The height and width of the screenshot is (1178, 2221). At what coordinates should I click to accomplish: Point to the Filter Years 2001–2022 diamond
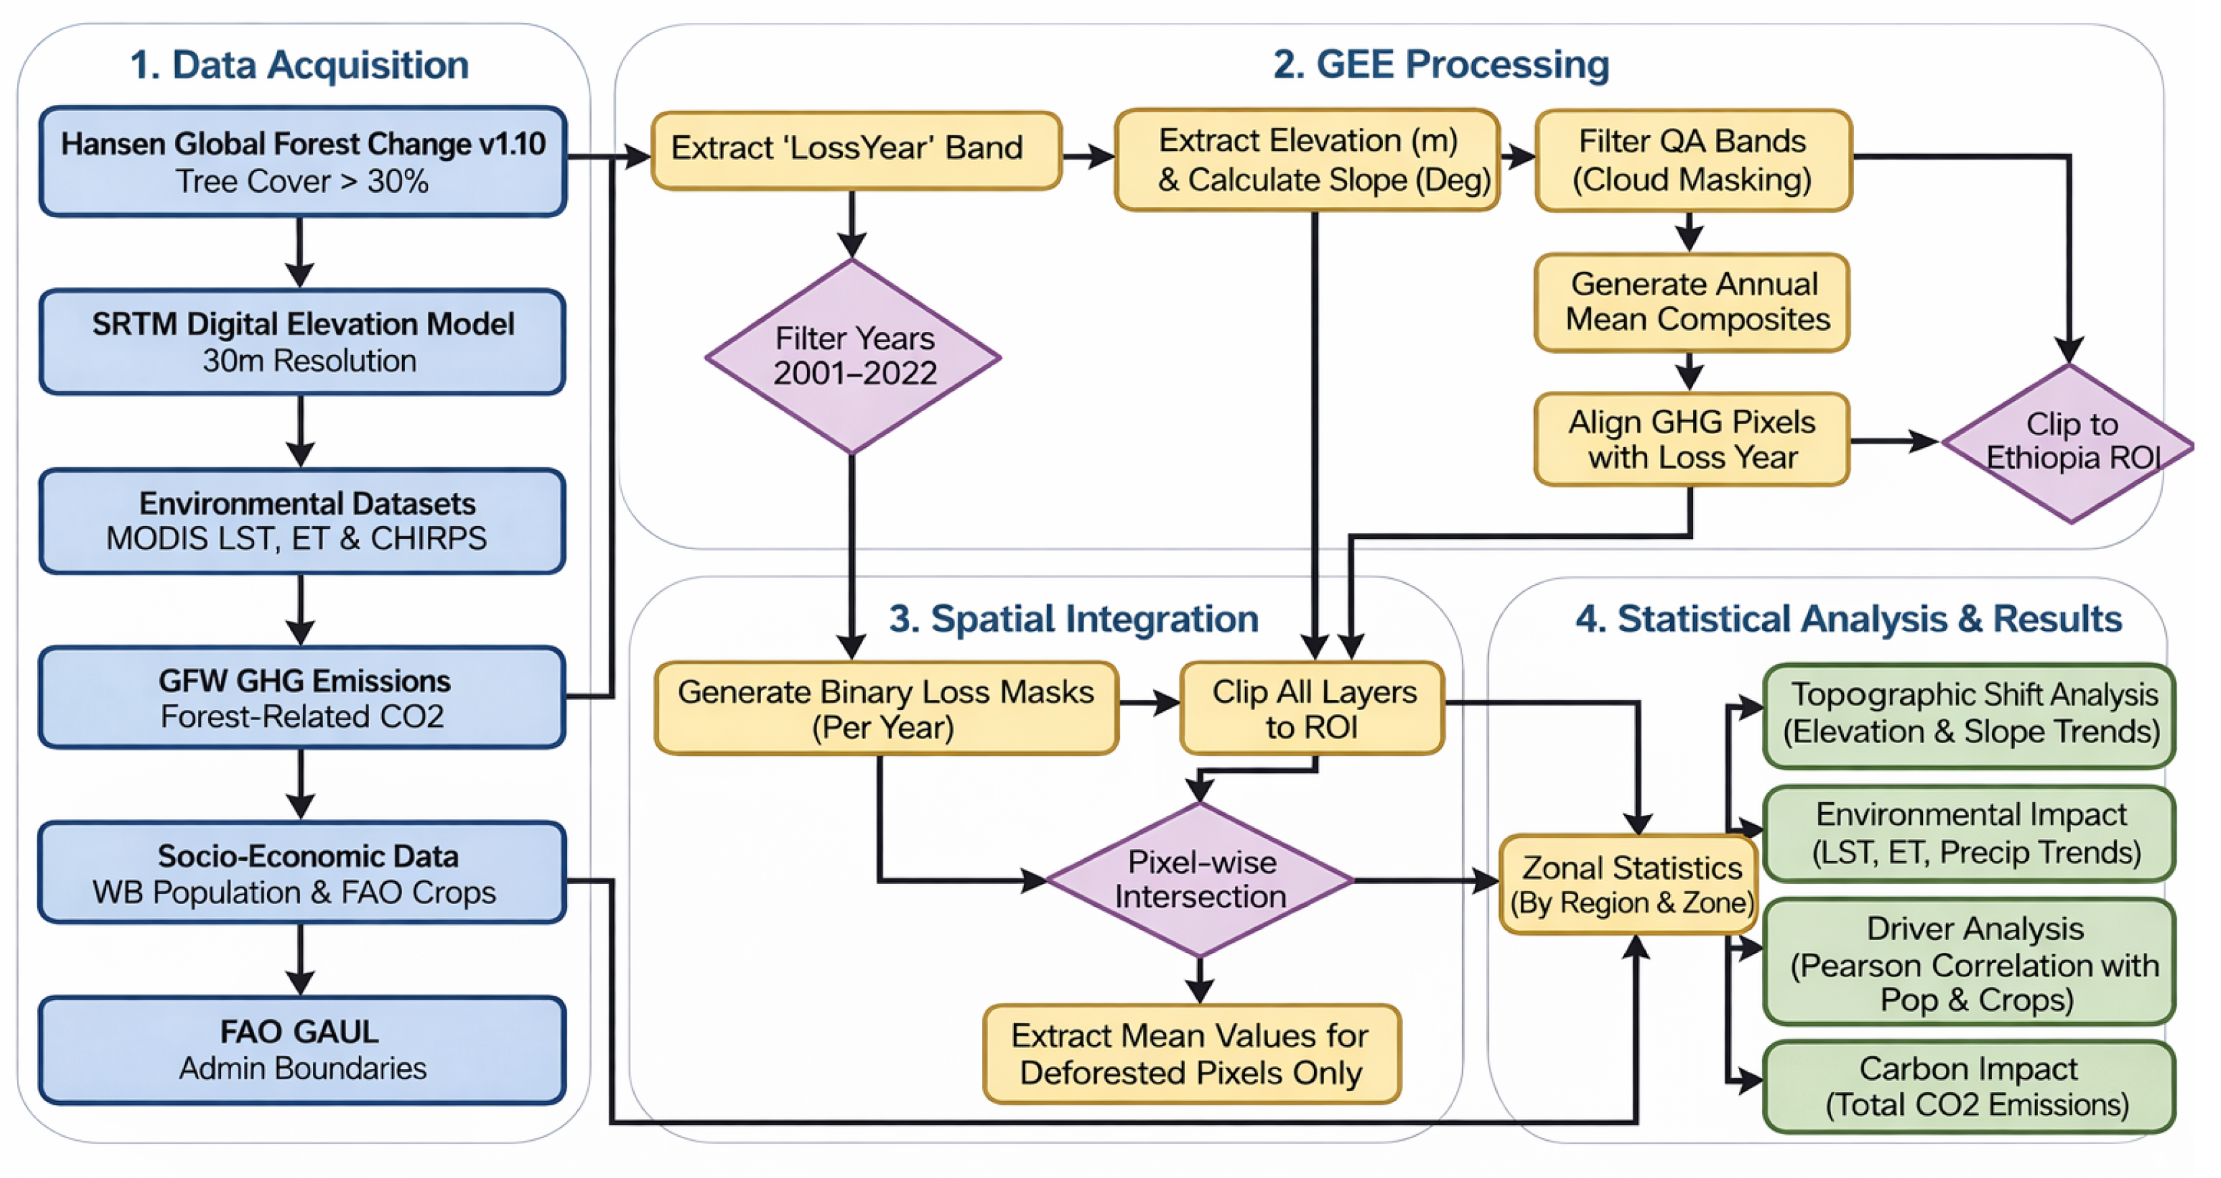click(x=853, y=356)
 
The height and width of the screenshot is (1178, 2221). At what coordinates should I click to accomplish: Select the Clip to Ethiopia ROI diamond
click(x=2069, y=442)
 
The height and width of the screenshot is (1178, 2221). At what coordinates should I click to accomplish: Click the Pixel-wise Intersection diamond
click(x=1199, y=880)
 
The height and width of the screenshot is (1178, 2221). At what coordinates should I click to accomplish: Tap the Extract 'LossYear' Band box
click(x=855, y=149)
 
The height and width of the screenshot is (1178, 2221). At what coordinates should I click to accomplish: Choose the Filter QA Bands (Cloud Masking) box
click(x=1692, y=160)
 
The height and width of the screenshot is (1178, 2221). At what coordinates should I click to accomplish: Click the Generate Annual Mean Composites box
click(x=1692, y=302)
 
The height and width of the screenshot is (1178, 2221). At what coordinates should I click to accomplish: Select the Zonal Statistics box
click(x=1630, y=884)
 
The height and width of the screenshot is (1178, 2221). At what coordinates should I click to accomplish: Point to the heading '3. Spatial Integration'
click(x=1073, y=618)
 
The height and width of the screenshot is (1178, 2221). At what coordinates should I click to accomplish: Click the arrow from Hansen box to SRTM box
click(x=299, y=252)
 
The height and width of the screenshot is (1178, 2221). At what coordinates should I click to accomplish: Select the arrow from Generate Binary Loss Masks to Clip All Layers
click(x=1148, y=703)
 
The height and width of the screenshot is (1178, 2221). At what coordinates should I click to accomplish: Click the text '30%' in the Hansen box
click(x=397, y=182)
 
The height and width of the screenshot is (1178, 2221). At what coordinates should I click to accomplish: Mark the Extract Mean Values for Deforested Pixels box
click(x=1192, y=1054)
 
